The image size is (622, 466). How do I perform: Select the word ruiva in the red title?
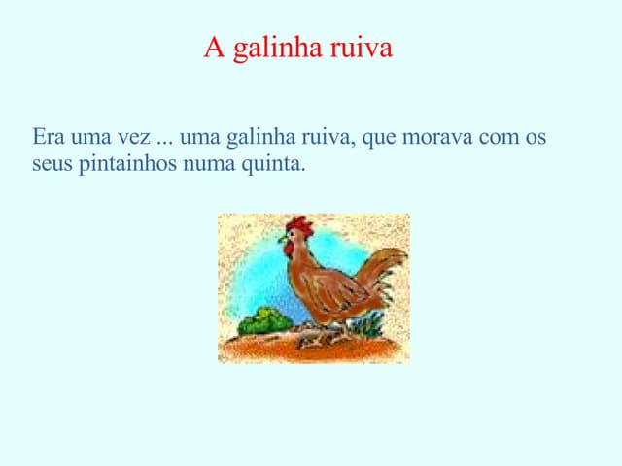coord(361,48)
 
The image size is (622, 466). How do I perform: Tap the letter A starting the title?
coord(213,48)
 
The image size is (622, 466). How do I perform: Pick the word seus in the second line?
coord(51,163)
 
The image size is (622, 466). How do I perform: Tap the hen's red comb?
coord(300,225)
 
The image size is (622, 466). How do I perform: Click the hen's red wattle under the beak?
coord(289,248)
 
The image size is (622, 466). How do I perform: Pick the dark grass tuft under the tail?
coord(369,325)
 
